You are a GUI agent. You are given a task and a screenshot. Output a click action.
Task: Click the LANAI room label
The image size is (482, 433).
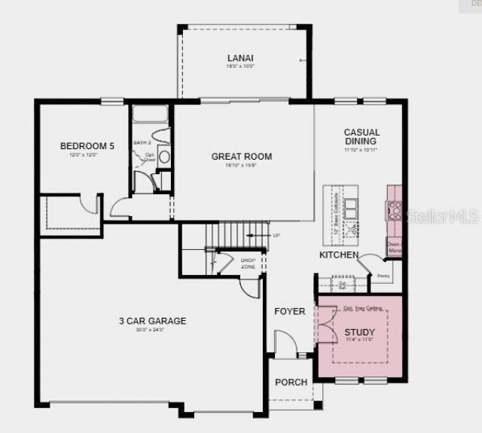click(240, 58)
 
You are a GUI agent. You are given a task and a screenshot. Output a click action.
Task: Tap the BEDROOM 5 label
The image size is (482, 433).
click(87, 145)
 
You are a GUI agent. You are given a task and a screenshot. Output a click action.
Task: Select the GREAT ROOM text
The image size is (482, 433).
click(241, 157)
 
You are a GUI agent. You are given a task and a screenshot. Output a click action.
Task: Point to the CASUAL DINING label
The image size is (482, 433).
click(361, 136)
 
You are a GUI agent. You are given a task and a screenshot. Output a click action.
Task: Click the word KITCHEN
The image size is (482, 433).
click(338, 255)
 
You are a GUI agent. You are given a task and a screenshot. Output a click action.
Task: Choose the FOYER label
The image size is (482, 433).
click(289, 311)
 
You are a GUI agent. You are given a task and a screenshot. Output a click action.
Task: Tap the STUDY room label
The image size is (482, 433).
click(359, 332)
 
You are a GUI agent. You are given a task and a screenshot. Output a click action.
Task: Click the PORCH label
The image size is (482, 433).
click(291, 382)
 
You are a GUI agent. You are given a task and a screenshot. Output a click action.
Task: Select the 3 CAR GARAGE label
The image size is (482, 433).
click(152, 321)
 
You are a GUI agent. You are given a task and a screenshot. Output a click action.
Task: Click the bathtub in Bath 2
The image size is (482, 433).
click(150, 115)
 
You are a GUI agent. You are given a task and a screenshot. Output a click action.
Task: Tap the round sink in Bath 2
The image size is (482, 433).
click(165, 157)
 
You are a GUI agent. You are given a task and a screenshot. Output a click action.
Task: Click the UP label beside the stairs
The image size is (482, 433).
click(276, 236)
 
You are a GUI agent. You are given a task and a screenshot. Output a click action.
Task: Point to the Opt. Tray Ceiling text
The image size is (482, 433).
click(363, 308)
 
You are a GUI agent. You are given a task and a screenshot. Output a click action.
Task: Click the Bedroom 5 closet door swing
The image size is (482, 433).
click(92, 204)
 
